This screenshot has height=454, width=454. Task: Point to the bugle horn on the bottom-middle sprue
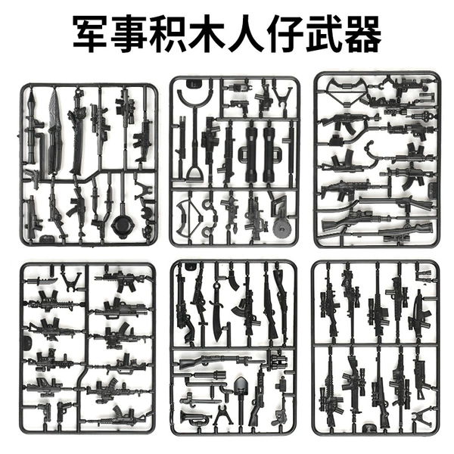tap(194, 417)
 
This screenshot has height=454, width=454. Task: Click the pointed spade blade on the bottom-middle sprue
tap(240, 384)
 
